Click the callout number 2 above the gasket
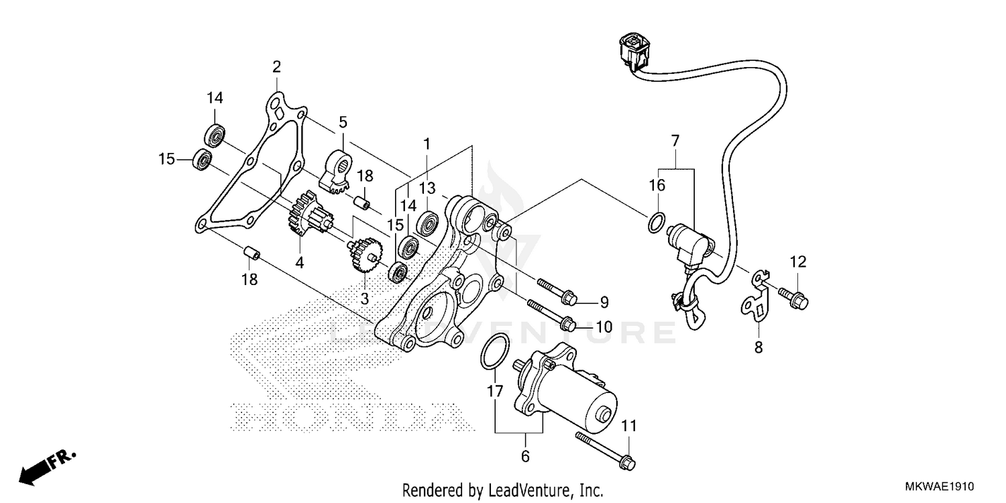pos(276,67)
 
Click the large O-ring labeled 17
pos(493,351)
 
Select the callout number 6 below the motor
pos(525,457)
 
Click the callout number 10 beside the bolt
pos(603,327)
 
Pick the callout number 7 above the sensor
pos(675,141)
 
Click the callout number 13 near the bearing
pos(427,187)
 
